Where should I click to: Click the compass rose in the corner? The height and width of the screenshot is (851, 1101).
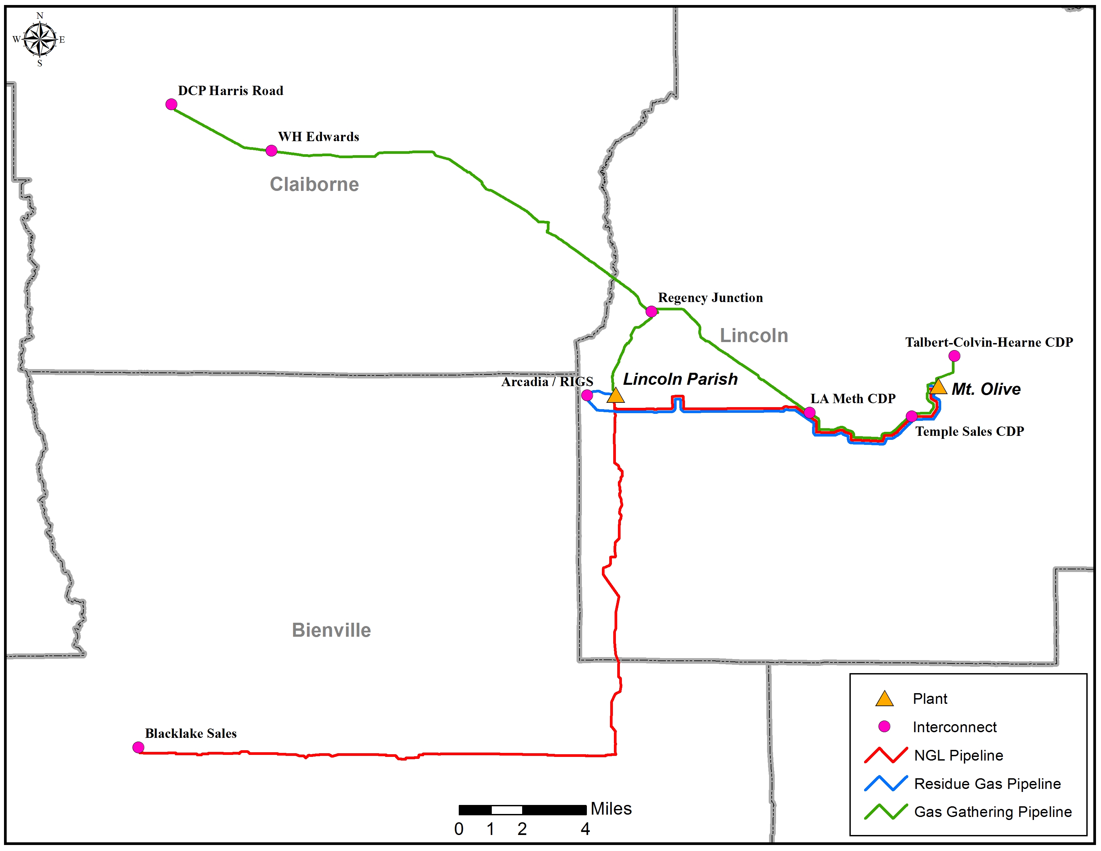[x=40, y=39]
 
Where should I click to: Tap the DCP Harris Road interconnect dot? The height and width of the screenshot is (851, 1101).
[x=171, y=104]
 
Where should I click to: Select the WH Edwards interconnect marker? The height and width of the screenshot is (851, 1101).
[x=271, y=150]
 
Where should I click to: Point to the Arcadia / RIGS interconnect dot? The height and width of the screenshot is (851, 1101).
[x=587, y=395]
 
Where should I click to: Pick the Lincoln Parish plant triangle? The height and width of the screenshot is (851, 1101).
[x=616, y=395]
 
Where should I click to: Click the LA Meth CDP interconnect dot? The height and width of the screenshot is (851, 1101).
[x=810, y=412]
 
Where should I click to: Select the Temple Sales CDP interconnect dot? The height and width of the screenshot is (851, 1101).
[x=911, y=416]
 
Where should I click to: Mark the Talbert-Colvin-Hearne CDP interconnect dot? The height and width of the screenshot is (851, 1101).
[x=954, y=356]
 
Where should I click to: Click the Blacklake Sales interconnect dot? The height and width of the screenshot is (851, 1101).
[x=138, y=747]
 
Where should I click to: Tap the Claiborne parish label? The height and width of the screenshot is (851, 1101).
[x=314, y=185]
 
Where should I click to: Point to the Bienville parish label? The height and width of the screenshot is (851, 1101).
[x=331, y=630]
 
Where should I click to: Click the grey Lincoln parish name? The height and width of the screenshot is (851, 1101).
[x=754, y=335]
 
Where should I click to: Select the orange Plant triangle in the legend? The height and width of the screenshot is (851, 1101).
[x=884, y=699]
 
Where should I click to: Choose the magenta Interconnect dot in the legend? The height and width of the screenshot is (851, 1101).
[x=884, y=727]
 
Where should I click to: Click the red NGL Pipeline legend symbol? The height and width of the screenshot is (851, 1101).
[x=886, y=755]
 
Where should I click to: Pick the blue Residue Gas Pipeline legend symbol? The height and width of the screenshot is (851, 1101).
[x=886, y=784]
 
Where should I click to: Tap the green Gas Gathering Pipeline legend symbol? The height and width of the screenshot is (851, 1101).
[x=886, y=812]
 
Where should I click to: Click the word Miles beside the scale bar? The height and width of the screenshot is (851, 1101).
[x=611, y=809]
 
